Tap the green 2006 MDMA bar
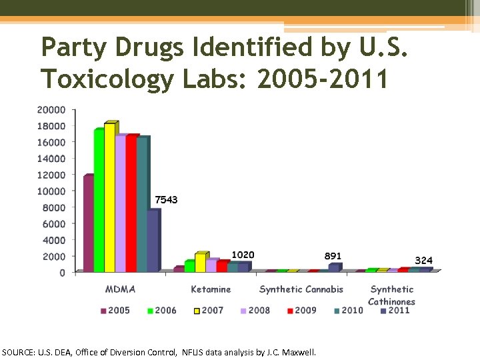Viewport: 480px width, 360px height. pos(99,200)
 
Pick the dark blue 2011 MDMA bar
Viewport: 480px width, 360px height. pos(153,241)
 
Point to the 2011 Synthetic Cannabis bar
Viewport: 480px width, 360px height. pos(333,267)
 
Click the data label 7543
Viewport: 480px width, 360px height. pos(166,200)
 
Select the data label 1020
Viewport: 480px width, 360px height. pos(243,255)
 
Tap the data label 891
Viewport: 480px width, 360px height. pos(333,256)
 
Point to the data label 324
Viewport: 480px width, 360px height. pos(424,260)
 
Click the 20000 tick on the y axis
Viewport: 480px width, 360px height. pos(51,109)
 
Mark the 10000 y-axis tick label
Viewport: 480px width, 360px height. pos(51,191)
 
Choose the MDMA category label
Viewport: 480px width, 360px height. pos(120,289)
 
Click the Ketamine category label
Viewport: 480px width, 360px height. pos(211,289)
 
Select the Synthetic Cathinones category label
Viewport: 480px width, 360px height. pos(392,295)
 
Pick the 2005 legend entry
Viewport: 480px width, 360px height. pos(115,310)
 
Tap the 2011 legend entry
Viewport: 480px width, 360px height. pos(395,310)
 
